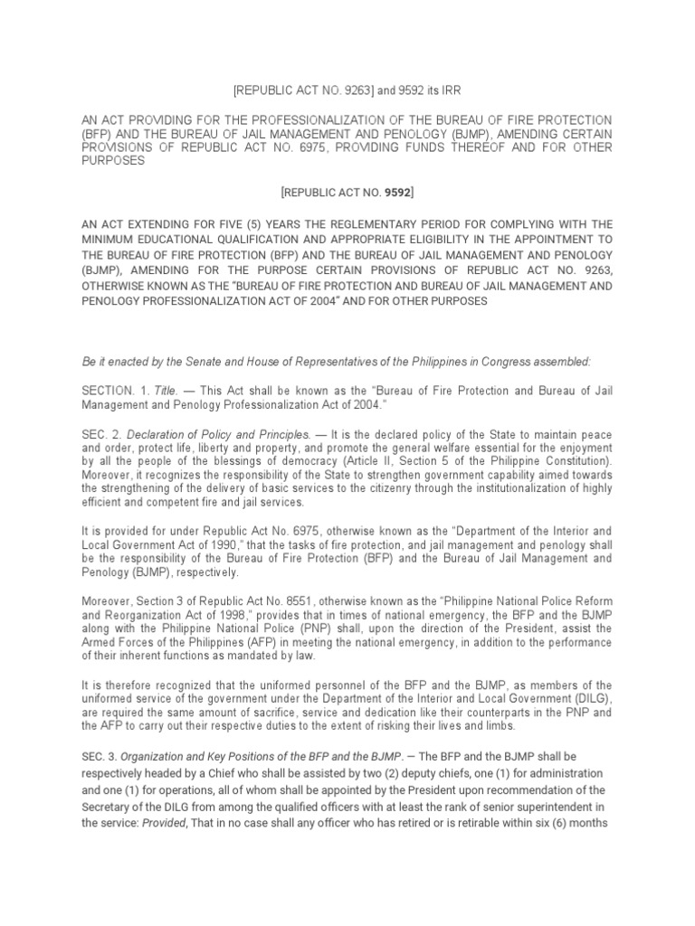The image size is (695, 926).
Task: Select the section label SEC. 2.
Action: (99, 433)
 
